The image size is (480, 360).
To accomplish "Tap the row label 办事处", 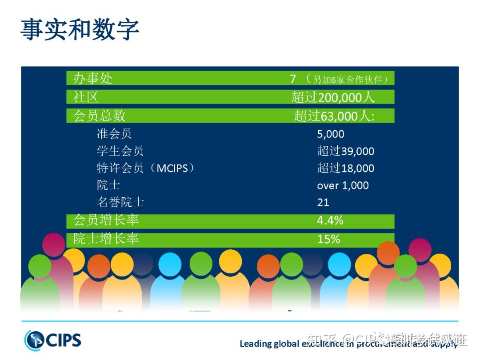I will click(92, 79).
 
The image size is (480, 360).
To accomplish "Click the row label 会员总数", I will click(99, 116).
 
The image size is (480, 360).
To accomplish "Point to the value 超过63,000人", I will click(334, 116).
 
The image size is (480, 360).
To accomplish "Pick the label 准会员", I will click(114, 134).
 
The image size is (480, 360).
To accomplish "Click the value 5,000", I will click(331, 134).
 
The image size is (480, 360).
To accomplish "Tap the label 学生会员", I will click(120, 151).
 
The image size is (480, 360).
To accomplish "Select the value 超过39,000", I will click(346, 151).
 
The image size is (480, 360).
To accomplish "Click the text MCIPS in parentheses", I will click(172, 168).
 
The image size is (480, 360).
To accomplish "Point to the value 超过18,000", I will click(346, 168).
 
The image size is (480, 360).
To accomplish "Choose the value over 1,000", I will click(343, 185).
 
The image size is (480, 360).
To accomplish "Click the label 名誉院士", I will click(120, 203).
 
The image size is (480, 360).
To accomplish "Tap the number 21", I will click(323, 203).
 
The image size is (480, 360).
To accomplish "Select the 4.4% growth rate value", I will click(330, 220).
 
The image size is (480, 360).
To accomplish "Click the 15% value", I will click(328, 239).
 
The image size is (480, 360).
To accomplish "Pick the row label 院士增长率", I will click(106, 239).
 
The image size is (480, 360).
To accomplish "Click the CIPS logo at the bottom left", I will click(53, 340).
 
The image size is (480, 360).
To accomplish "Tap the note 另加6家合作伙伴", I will click(350, 80).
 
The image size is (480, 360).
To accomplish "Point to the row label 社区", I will click(85, 97).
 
